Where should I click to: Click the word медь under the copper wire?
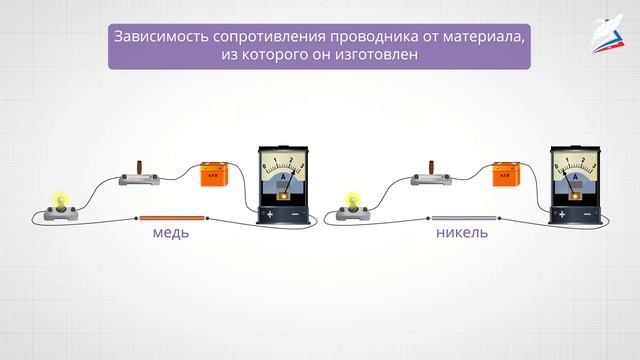coord(171,233)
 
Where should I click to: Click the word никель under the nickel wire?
coord(462,233)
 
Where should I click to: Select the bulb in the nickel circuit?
coord(350,204)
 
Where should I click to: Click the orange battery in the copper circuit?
coord(214,175)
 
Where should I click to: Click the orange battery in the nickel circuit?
coord(506,175)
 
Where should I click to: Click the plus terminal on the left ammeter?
coord(267,214)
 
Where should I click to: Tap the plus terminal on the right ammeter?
coord(561,214)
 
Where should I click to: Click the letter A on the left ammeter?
coord(283,177)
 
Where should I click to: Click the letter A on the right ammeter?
coord(576,177)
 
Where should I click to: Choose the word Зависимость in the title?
coord(160,36)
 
